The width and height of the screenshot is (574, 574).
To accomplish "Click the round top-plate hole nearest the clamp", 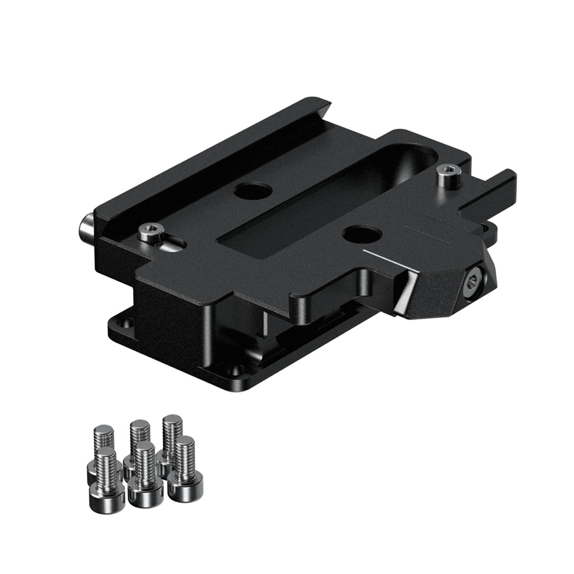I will (x=358, y=233).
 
